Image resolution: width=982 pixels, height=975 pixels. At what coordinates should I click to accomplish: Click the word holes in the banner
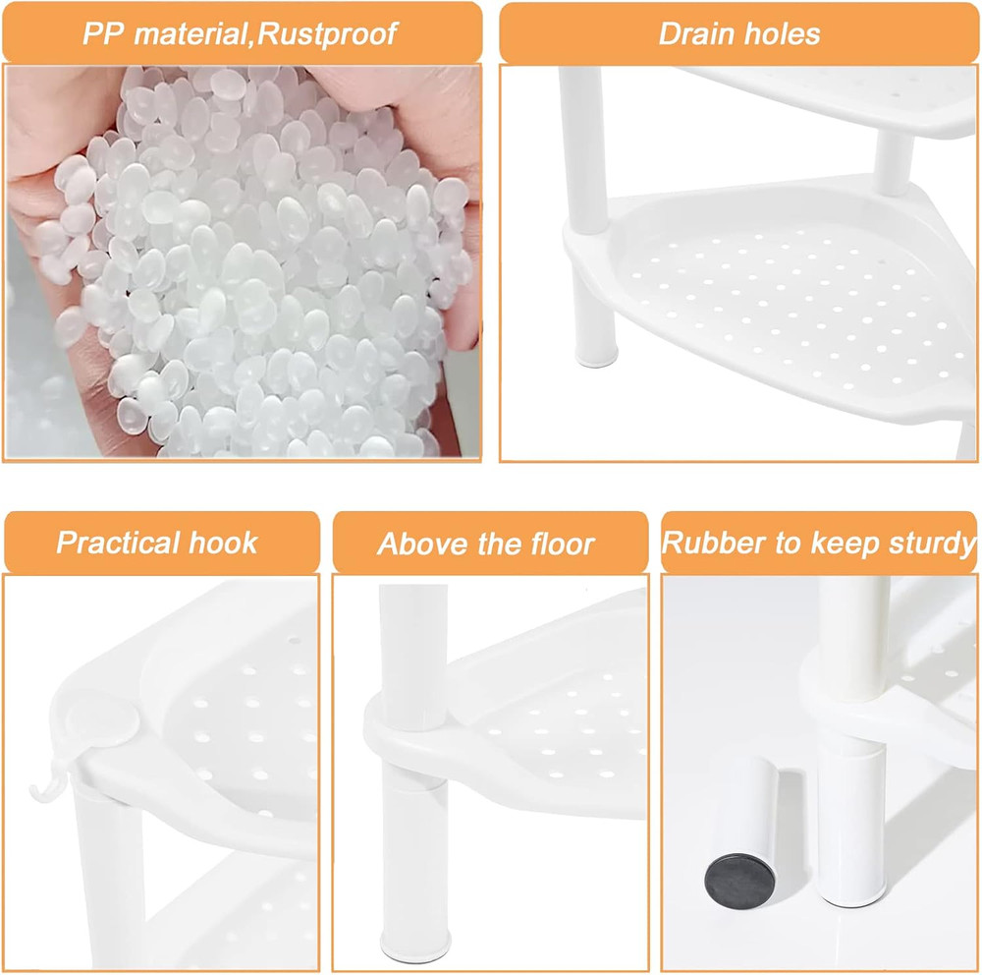coord(782,34)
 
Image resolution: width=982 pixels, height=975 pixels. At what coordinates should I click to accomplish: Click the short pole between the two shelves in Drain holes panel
coord(893,159)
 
